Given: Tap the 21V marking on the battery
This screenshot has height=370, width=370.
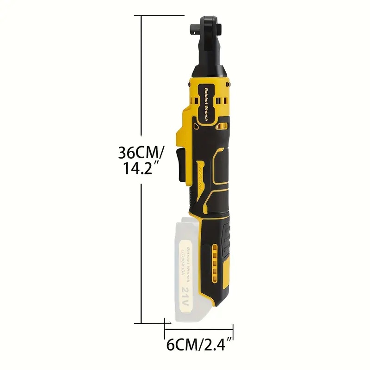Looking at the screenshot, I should (x=185, y=294).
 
